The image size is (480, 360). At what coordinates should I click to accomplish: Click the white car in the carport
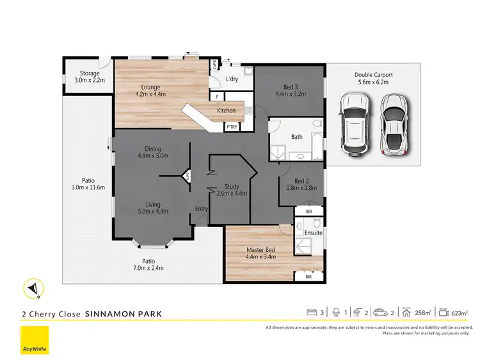point(353,125)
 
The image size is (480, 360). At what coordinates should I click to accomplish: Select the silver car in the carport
point(394,125)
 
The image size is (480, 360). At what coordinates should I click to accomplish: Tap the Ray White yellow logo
point(35,340)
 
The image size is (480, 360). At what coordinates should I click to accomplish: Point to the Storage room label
point(90,74)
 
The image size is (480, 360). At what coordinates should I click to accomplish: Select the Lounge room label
point(151,87)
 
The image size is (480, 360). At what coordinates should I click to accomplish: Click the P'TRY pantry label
point(231,127)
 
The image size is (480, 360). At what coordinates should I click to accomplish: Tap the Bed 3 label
point(291,87)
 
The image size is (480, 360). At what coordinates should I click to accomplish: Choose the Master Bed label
point(260,250)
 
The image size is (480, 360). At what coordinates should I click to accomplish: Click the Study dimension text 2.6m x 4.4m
point(232,193)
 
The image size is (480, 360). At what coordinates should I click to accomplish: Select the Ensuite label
point(313,233)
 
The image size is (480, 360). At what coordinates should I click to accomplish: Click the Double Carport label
point(373,75)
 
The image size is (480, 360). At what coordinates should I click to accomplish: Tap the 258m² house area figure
point(423,312)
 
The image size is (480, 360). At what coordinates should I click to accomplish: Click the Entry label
point(201,208)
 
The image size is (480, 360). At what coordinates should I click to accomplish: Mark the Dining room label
point(152,148)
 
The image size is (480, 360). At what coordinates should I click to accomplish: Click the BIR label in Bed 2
point(309,211)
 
